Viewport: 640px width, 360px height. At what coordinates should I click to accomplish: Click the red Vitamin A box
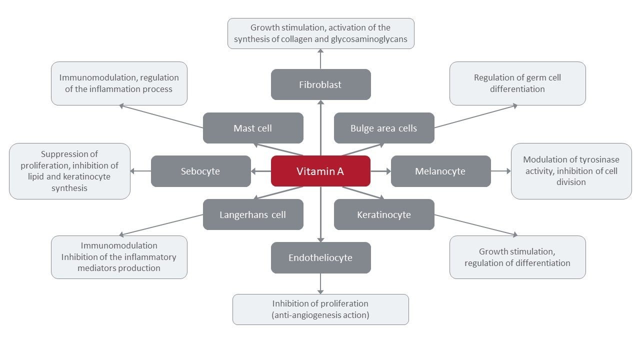tap(320, 171)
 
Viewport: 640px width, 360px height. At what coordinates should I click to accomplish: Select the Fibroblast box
tap(320, 84)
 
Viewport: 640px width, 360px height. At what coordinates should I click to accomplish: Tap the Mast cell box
tap(253, 128)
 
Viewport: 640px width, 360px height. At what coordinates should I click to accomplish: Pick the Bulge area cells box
tap(384, 128)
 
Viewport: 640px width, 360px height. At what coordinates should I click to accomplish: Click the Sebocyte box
tap(200, 171)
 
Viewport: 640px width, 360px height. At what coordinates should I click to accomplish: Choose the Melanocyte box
tap(440, 171)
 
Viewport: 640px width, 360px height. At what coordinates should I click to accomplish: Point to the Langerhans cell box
tap(253, 214)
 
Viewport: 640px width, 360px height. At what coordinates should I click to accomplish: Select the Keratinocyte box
tap(384, 214)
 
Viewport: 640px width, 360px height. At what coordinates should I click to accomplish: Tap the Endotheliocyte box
tap(320, 257)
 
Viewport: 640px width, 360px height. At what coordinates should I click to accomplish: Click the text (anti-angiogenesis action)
tap(320, 315)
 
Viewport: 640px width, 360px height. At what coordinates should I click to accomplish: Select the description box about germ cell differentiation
tap(517, 83)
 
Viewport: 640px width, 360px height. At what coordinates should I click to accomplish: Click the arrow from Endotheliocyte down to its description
tap(320, 283)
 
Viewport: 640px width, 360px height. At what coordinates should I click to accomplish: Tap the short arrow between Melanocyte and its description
tap(500, 171)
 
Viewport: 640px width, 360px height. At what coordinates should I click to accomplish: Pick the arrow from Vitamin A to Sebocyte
tap(260, 171)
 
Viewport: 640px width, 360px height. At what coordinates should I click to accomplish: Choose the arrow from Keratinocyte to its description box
tap(475, 224)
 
